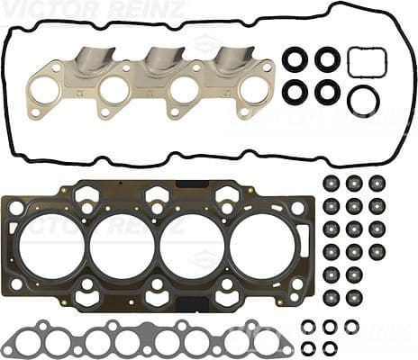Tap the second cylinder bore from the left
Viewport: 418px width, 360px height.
[x=123, y=243]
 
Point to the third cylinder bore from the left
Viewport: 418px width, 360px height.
[x=192, y=243]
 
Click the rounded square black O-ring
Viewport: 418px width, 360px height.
[x=367, y=63]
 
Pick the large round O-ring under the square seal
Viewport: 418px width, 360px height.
[x=363, y=99]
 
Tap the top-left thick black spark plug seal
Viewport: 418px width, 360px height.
[x=295, y=59]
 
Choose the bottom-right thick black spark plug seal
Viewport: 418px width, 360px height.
[x=327, y=92]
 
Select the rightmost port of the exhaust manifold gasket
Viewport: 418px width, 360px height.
[x=254, y=90]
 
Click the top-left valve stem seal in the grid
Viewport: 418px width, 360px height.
[x=332, y=183]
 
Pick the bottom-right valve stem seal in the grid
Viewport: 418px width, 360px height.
[x=377, y=295]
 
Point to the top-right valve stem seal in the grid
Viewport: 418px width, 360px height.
[x=377, y=183]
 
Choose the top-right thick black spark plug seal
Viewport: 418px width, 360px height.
[x=327, y=59]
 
